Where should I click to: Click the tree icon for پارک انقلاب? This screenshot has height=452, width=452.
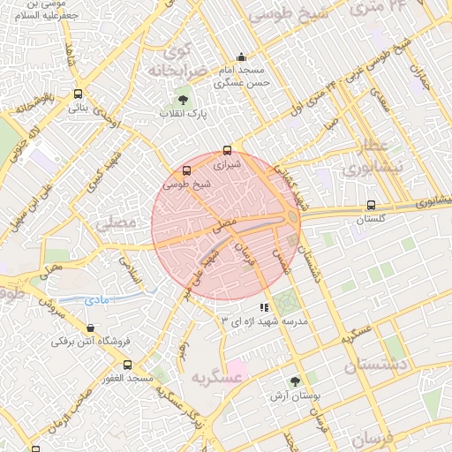point(183,100)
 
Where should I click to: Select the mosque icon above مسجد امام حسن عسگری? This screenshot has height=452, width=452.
point(241,57)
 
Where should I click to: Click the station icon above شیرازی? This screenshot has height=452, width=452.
point(228,150)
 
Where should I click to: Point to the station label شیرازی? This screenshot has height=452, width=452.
point(227,163)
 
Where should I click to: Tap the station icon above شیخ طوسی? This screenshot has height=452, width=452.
point(186,170)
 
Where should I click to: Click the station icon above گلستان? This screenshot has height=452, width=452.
point(371,206)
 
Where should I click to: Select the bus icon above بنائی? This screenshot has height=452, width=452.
point(79,94)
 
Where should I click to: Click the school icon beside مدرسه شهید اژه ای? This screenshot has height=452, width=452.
point(264,307)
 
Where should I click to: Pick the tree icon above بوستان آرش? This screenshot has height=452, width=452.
point(295,381)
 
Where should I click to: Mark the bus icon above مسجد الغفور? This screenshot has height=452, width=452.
point(128,365)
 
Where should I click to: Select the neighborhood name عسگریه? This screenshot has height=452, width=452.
point(215,377)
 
